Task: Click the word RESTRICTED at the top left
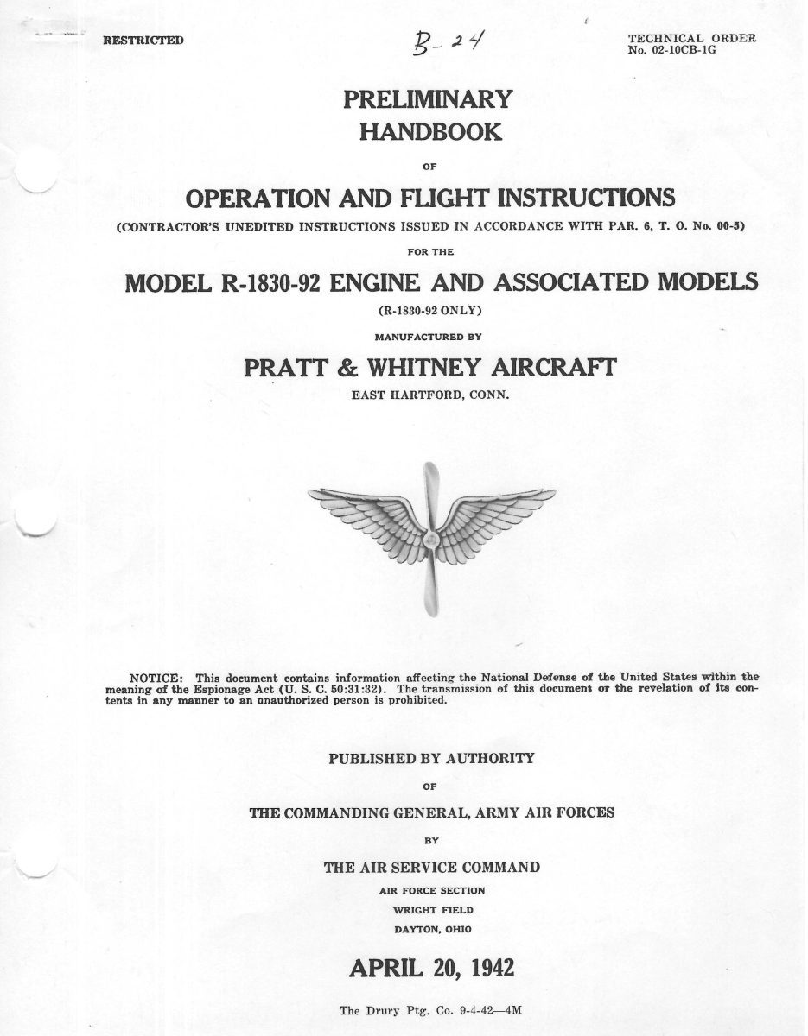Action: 143,41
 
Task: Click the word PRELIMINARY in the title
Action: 429,99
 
